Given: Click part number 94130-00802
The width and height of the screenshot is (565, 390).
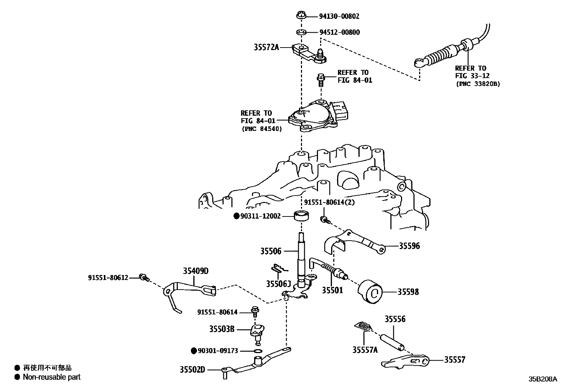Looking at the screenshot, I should pyautogui.click(x=339, y=16).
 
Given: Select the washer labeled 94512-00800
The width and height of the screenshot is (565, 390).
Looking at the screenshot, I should pyautogui.click(x=301, y=33).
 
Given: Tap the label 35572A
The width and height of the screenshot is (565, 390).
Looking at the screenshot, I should pyautogui.click(x=266, y=47).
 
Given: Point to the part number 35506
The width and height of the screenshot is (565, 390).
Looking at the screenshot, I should pyautogui.click(x=271, y=251).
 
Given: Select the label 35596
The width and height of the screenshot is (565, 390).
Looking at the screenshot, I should pyautogui.click(x=409, y=246).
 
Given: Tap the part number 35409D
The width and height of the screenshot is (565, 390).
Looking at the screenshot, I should pyautogui.click(x=196, y=271).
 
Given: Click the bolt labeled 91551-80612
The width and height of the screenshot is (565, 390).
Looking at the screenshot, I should pyautogui.click(x=144, y=277).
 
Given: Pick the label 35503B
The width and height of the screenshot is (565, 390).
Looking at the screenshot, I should pyautogui.click(x=222, y=329).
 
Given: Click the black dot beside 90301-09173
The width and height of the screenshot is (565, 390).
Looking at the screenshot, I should pyautogui.click(x=194, y=351).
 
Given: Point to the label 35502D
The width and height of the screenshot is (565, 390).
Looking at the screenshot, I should pyautogui.click(x=192, y=369).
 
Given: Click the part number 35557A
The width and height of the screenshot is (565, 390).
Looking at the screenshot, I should pyautogui.click(x=365, y=350).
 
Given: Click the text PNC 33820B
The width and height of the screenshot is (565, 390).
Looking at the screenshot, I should pyautogui.click(x=477, y=84).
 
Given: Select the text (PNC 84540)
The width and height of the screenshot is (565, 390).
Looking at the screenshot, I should pyautogui.click(x=262, y=129).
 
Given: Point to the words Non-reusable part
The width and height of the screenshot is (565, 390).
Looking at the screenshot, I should pyautogui.click(x=52, y=377).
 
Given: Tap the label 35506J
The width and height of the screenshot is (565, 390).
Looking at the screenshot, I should pyautogui.click(x=279, y=284).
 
